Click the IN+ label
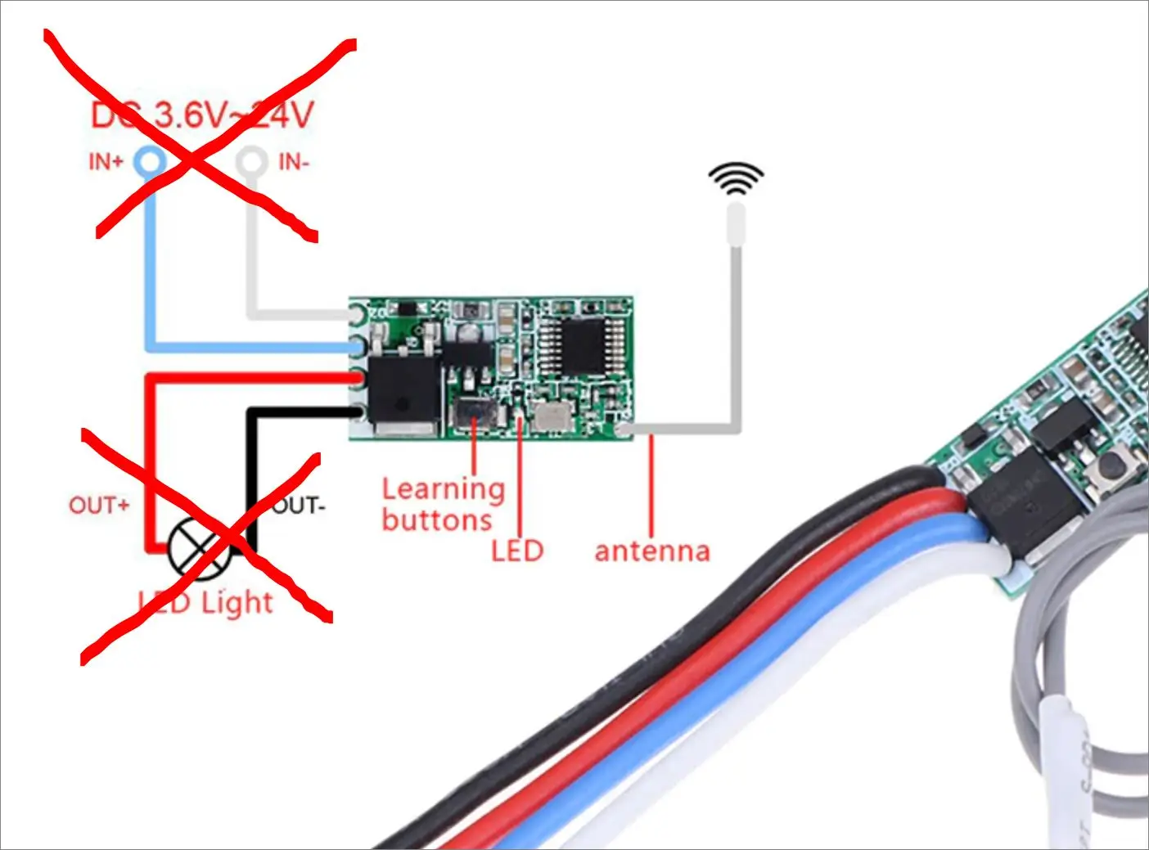(106, 162)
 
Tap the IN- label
(294, 162)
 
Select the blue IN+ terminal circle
(151, 162)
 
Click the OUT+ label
(99, 506)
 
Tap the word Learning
(443, 489)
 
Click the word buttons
(437, 520)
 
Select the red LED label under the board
(517, 550)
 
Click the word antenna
(652, 551)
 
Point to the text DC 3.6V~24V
(202, 115)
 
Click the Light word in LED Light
(237, 603)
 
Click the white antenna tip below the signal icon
(736, 223)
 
